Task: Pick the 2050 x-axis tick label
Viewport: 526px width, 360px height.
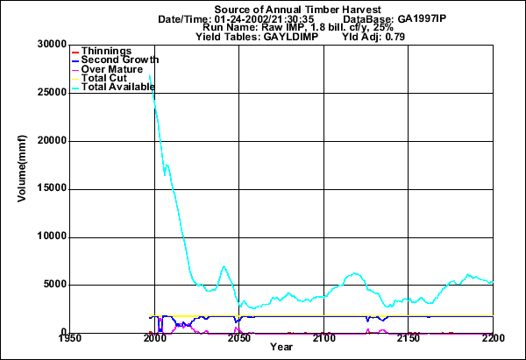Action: point(239,338)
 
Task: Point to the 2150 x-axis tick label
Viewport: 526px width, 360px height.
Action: point(409,338)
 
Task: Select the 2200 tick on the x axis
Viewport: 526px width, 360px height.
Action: point(493,338)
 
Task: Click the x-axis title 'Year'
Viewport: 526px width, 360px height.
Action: point(281,348)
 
